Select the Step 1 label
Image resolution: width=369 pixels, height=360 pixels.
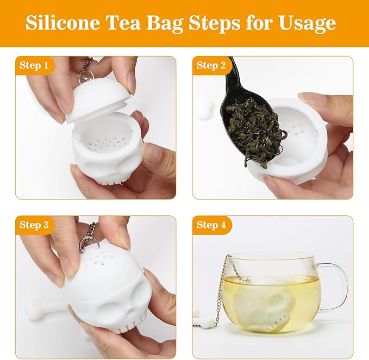[34, 66]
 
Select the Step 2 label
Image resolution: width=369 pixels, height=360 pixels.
[211, 66]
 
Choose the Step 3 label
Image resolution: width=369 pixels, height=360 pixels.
[34, 225]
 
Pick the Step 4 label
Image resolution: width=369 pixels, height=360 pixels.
[211, 225]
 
